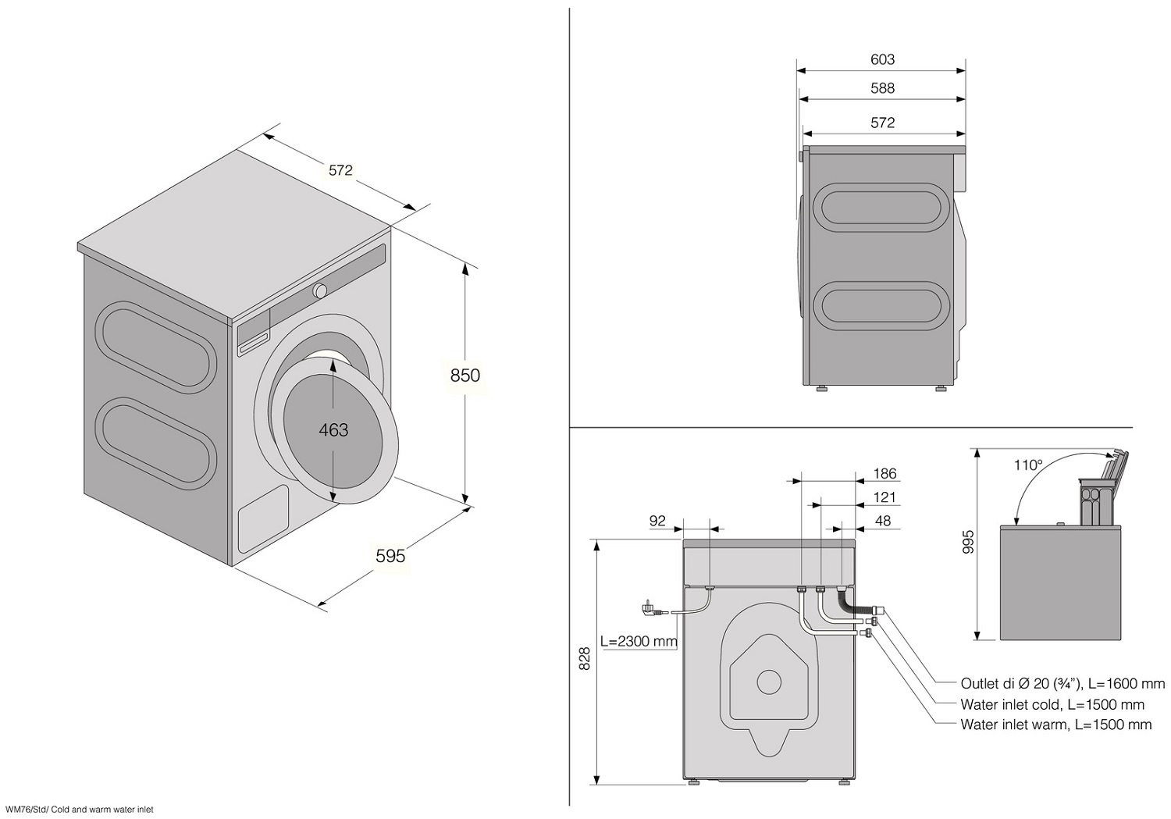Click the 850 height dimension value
464,376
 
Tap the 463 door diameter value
333,430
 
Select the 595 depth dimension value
390,556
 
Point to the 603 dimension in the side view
882,59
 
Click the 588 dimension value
882,88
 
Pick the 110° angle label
1028,465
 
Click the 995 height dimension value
968,543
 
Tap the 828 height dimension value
585,661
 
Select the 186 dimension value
884,474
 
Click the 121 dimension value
884,497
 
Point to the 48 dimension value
883,521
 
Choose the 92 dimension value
657,521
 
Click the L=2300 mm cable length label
639,642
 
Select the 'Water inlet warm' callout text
1055,725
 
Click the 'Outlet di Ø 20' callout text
1062,684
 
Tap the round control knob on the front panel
320,290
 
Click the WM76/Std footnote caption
79,810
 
